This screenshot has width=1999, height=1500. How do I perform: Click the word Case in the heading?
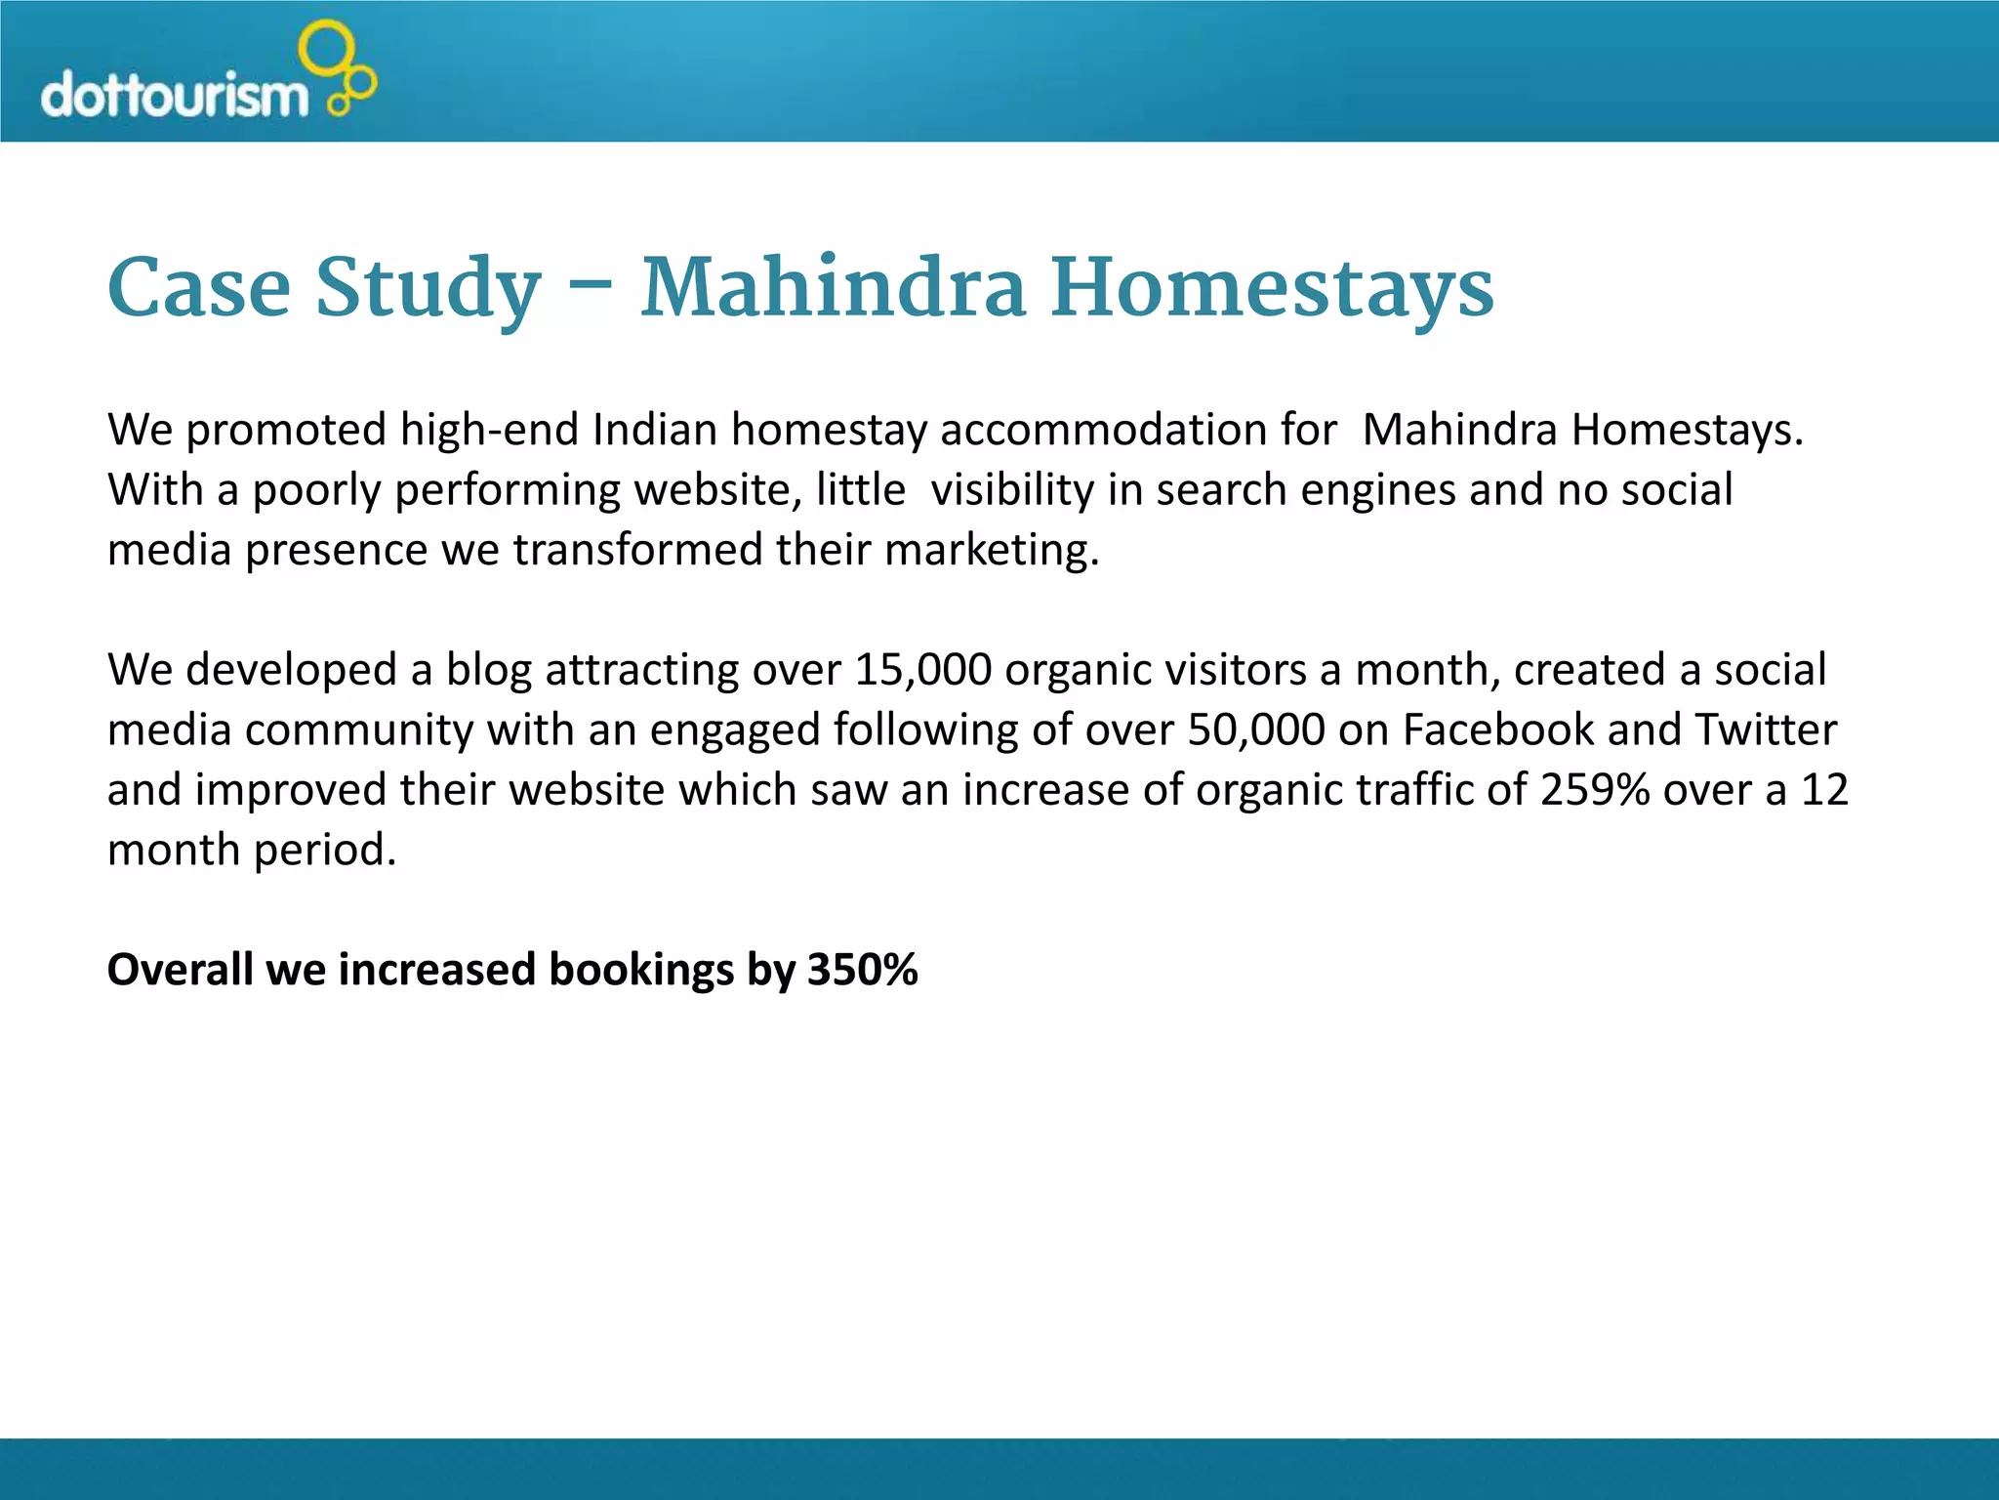click(199, 287)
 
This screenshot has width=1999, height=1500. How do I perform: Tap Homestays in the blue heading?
click(1271, 289)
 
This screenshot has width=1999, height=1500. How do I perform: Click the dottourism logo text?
click(174, 96)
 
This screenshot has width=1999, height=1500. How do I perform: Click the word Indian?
click(655, 430)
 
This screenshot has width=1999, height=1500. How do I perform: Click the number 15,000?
click(922, 671)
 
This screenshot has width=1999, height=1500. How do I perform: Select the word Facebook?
click(1498, 730)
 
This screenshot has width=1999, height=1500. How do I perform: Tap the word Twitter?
click(1766, 730)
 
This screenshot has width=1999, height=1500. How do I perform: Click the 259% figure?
click(1595, 790)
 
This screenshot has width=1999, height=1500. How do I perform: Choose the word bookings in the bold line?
click(641, 971)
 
